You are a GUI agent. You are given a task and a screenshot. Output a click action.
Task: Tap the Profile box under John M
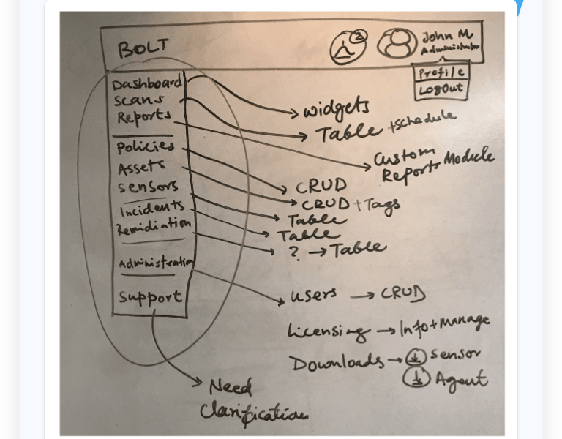441,72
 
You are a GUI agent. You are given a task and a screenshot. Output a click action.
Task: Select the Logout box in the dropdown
441,90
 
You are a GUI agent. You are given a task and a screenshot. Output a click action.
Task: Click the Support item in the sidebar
149,297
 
